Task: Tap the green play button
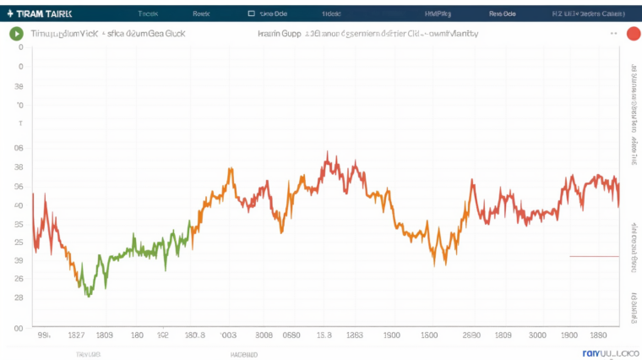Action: pyautogui.click(x=16, y=34)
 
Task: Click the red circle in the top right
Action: pyautogui.click(x=633, y=34)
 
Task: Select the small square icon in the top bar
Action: pyautogui.click(x=251, y=14)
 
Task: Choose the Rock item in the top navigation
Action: pyautogui.click(x=201, y=14)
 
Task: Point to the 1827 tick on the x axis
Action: pyautogui.click(x=77, y=335)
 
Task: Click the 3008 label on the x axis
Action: pyautogui.click(x=264, y=335)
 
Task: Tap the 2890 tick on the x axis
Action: pyautogui.click(x=471, y=335)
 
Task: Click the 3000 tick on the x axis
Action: pyautogui.click(x=536, y=335)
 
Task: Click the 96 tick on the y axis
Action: pyautogui.click(x=19, y=187)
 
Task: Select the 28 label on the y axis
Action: pyautogui.click(x=19, y=297)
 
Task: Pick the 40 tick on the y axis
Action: pyautogui.click(x=19, y=205)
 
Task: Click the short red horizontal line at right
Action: pyautogui.click(x=595, y=256)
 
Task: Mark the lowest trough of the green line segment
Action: pyautogui.click(x=89, y=294)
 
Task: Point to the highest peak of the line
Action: pyautogui.click(x=326, y=155)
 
